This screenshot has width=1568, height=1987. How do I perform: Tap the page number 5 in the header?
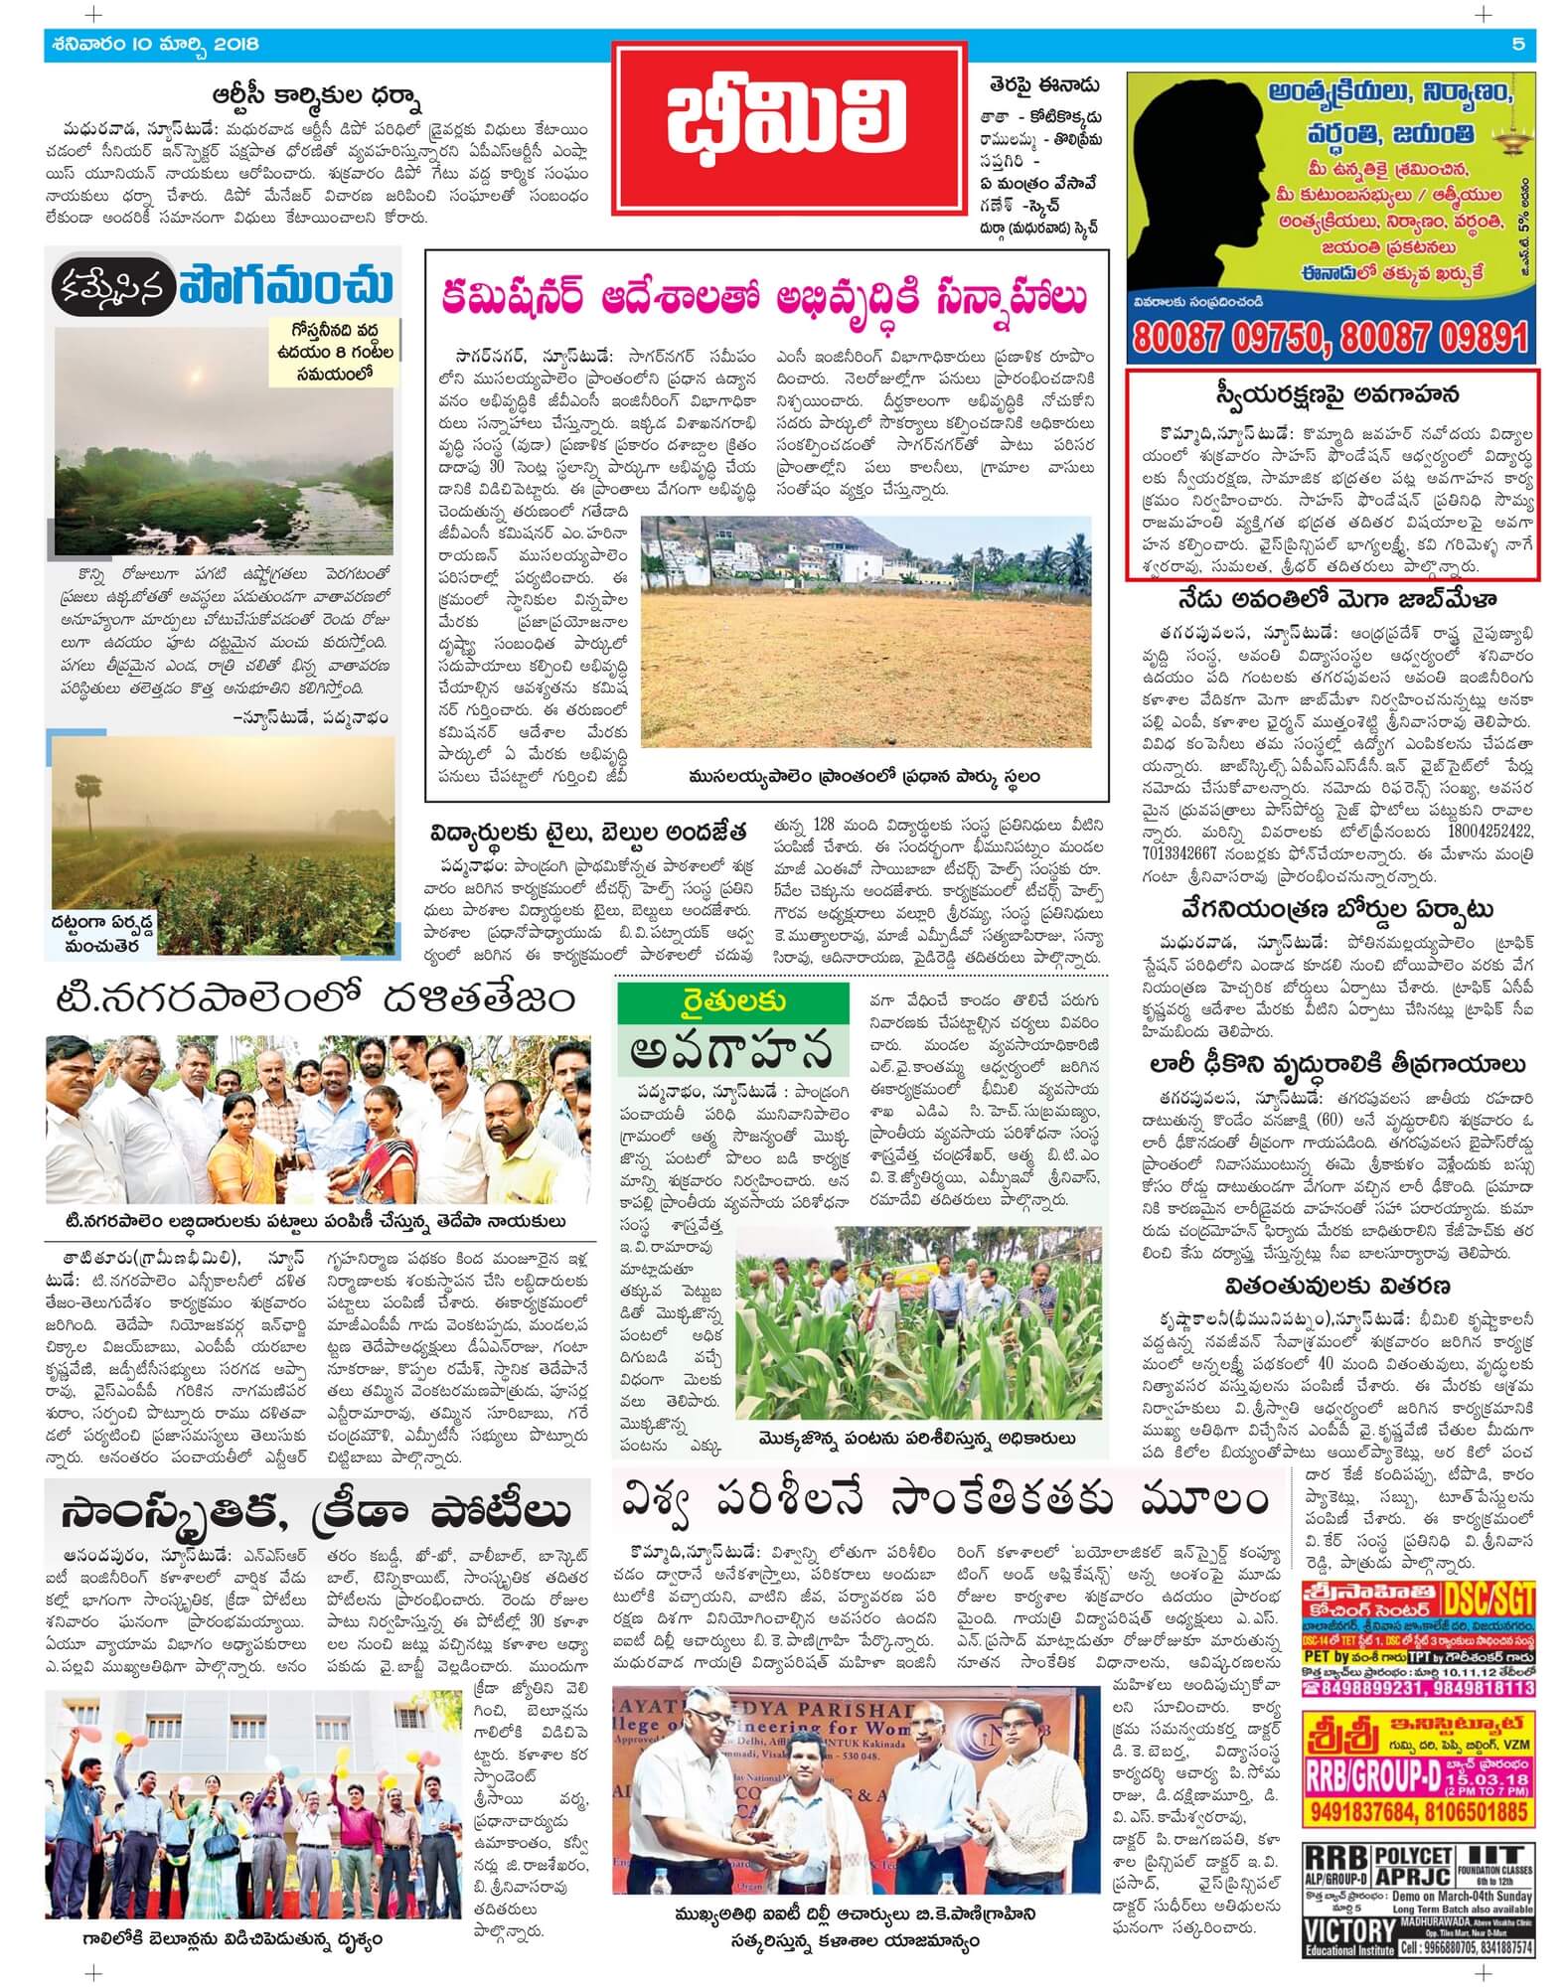tap(1517, 44)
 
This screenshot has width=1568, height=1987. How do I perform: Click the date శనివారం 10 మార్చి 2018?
tap(152, 45)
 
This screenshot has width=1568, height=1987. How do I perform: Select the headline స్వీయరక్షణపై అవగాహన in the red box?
tap(1332, 394)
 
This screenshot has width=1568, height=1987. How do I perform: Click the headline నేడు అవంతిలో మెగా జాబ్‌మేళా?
tap(1332, 600)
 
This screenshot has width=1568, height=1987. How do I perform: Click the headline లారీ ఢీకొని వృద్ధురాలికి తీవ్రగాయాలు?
tap(1332, 1063)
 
